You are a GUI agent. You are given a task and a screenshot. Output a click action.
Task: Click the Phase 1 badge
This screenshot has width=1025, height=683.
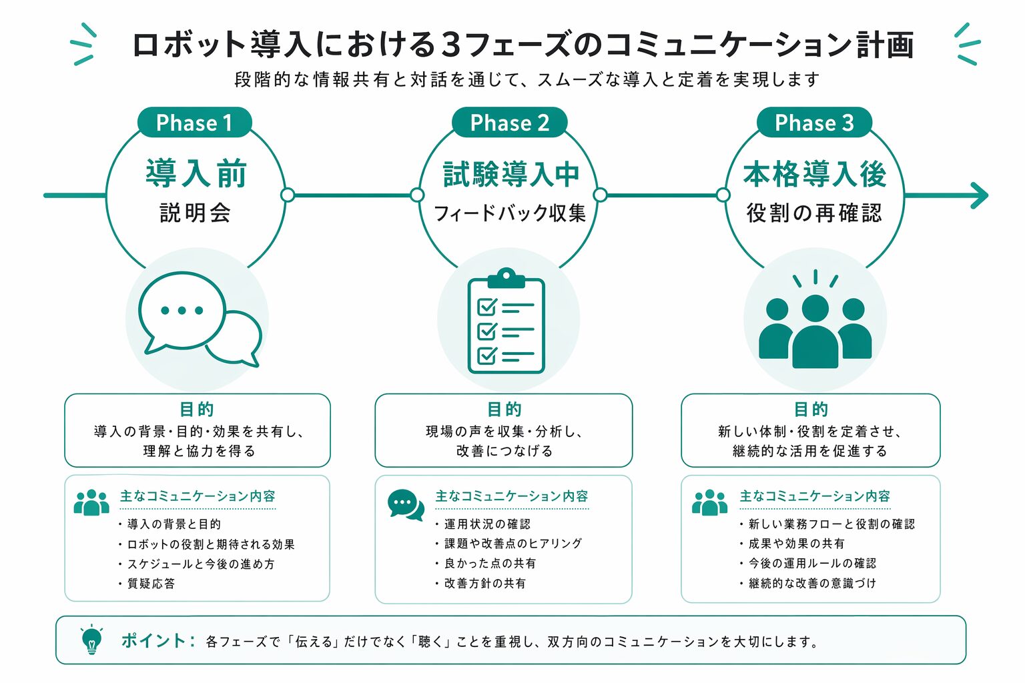pos(194,123)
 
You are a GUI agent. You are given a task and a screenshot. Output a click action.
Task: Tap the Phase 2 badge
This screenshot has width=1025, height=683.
pos(509,123)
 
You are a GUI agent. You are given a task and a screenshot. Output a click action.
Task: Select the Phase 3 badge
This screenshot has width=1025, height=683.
pos(814,123)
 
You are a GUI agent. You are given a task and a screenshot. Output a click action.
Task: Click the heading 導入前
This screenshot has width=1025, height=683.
pos(196,173)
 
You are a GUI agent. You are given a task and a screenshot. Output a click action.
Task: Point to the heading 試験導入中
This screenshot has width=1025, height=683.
pos(511,174)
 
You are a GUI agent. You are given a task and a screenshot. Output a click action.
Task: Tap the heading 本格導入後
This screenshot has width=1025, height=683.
pos(815,174)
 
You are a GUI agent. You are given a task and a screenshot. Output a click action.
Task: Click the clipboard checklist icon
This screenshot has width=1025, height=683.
pos(506,321)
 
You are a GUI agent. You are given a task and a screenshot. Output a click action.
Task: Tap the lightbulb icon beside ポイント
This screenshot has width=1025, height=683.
pos(91,640)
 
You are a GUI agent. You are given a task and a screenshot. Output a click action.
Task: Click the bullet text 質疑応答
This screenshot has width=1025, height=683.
pos(151,584)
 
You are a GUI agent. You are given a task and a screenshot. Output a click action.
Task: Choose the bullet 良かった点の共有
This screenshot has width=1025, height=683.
pos(490,564)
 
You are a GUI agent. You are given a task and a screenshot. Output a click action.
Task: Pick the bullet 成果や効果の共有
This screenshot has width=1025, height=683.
pos(796,544)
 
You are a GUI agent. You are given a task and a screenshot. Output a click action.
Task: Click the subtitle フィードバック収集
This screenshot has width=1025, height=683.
pos(510,213)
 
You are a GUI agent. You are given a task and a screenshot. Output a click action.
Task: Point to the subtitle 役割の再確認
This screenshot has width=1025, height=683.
pos(814,213)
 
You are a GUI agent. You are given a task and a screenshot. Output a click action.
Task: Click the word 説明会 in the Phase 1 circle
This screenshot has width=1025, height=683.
pos(196,213)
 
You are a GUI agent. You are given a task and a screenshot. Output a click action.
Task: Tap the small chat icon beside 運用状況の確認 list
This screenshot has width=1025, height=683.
pos(406,505)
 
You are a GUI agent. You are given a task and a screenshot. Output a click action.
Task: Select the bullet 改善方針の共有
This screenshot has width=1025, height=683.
pos(485,584)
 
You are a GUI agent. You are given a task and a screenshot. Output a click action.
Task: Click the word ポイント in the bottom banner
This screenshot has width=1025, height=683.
pos(154,641)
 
